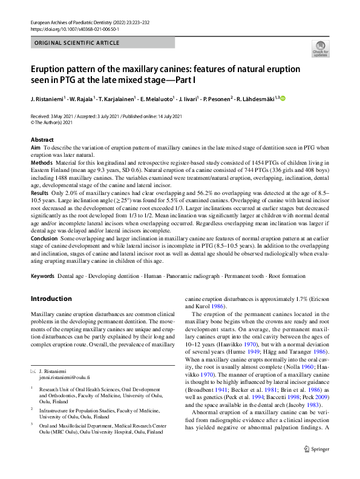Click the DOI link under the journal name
(74, 28)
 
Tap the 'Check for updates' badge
(320, 49)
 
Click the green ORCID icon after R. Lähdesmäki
(281, 97)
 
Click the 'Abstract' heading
(42, 139)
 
